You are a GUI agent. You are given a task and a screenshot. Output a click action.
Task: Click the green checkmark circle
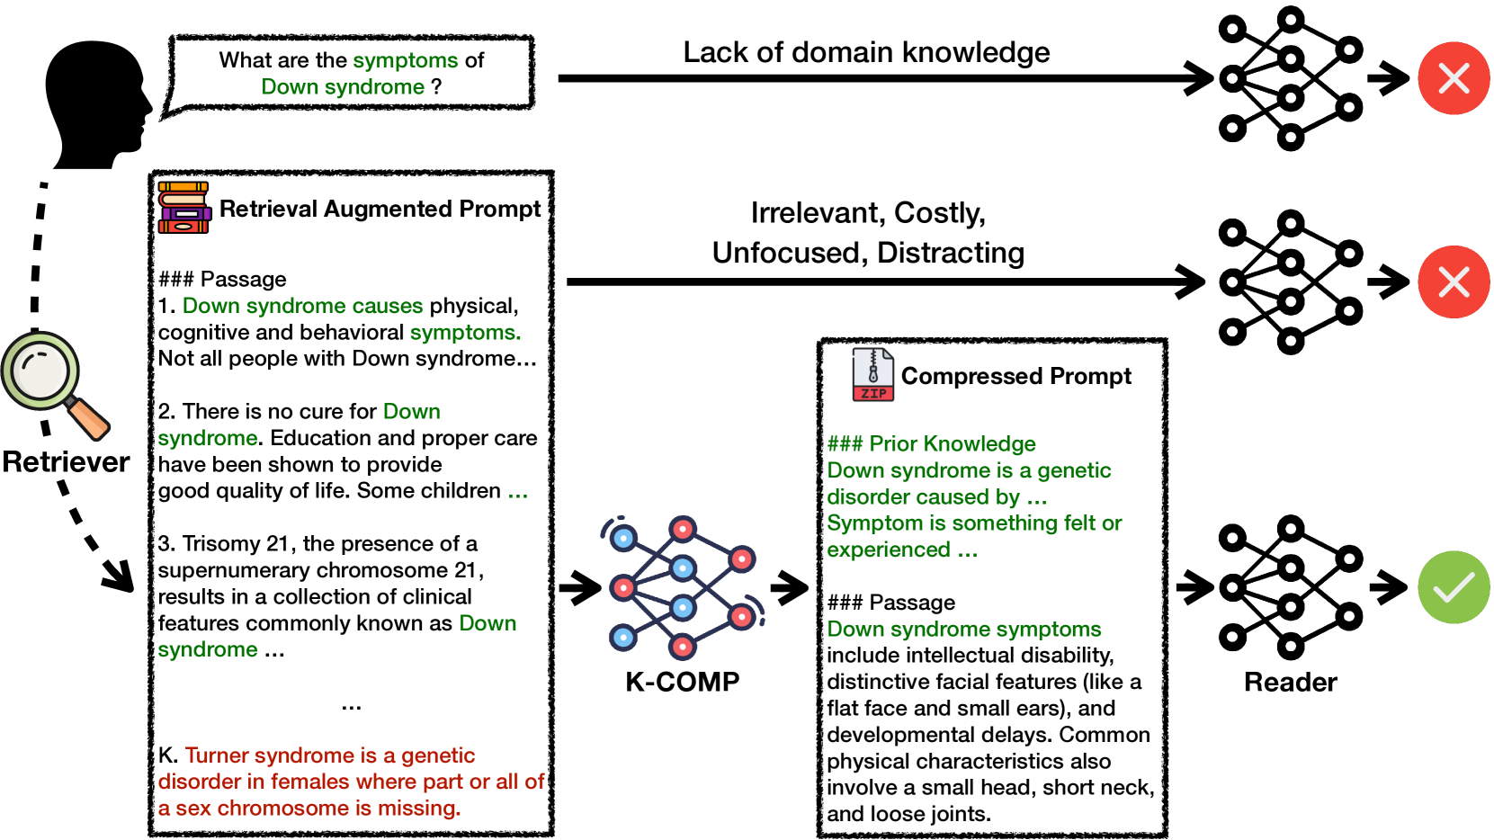tap(1454, 587)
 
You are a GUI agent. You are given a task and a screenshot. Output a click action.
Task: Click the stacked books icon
tap(183, 208)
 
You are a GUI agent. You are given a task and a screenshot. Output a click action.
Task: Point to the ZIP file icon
tap(872, 375)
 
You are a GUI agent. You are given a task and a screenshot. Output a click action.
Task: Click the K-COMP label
tap(682, 682)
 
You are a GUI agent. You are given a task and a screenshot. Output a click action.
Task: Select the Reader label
tap(1290, 682)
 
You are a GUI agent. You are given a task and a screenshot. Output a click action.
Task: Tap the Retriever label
tap(66, 461)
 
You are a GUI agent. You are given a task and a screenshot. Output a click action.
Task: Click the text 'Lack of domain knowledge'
tap(866, 52)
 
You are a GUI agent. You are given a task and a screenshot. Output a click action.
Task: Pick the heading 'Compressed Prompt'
tap(1015, 376)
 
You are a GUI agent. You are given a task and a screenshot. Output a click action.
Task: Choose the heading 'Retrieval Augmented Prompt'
tap(380, 209)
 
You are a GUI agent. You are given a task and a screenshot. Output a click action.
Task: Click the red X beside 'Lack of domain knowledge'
tap(1454, 78)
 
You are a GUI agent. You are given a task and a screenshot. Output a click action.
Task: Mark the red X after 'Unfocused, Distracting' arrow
tap(1454, 281)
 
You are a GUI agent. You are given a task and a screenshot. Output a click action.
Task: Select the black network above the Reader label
tap(1290, 587)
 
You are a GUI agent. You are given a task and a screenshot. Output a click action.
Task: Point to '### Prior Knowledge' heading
tap(931, 443)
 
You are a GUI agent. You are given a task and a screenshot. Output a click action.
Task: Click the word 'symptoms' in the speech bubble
tap(405, 60)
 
